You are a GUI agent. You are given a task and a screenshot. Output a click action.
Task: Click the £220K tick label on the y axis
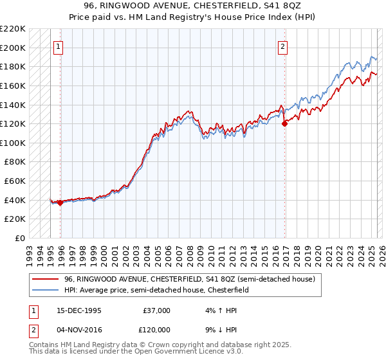click(14, 29)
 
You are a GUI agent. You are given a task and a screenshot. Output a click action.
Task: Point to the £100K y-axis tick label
click(14, 143)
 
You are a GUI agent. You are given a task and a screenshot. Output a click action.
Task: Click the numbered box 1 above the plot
click(59, 46)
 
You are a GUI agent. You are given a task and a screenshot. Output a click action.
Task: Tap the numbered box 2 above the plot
click(283, 46)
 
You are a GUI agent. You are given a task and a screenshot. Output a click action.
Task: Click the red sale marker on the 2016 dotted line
click(284, 124)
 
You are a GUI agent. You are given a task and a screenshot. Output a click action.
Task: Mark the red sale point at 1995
click(60, 203)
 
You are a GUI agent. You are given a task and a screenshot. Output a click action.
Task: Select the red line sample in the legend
click(45, 279)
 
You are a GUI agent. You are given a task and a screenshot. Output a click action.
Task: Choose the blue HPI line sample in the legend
click(45, 291)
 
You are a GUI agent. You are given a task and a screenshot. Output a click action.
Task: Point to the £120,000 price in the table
click(156, 328)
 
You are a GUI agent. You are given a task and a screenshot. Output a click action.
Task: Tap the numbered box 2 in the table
click(32, 328)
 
